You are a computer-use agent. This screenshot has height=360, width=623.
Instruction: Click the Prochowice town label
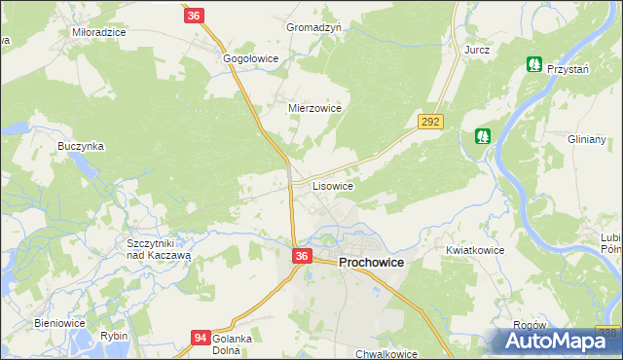coord(371,263)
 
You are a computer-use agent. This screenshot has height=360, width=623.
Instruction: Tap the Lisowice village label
coord(332,185)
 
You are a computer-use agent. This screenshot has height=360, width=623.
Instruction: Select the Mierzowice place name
coord(314,109)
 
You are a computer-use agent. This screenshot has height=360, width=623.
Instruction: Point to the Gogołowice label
coord(251,59)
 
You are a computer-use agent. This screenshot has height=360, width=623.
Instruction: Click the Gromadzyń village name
coord(313,28)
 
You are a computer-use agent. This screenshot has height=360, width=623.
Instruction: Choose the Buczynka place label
coord(81,146)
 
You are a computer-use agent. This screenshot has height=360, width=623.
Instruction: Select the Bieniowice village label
coord(60,323)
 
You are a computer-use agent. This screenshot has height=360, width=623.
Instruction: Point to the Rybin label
coord(114,336)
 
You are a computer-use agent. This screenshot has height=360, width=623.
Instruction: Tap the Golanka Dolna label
coord(233,344)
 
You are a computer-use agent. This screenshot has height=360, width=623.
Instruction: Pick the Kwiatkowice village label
coord(475,250)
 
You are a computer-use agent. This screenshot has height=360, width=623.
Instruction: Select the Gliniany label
coord(587,139)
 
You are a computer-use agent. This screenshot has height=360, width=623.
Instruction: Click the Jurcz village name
coord(477,49)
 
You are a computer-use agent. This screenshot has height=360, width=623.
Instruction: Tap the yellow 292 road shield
coord(431,122)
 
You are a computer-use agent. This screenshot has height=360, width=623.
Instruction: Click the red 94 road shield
coord(201,338)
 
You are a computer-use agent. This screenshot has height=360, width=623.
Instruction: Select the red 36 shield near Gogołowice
coord(194,16)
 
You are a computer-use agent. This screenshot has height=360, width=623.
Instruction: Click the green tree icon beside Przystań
coord(533,64)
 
